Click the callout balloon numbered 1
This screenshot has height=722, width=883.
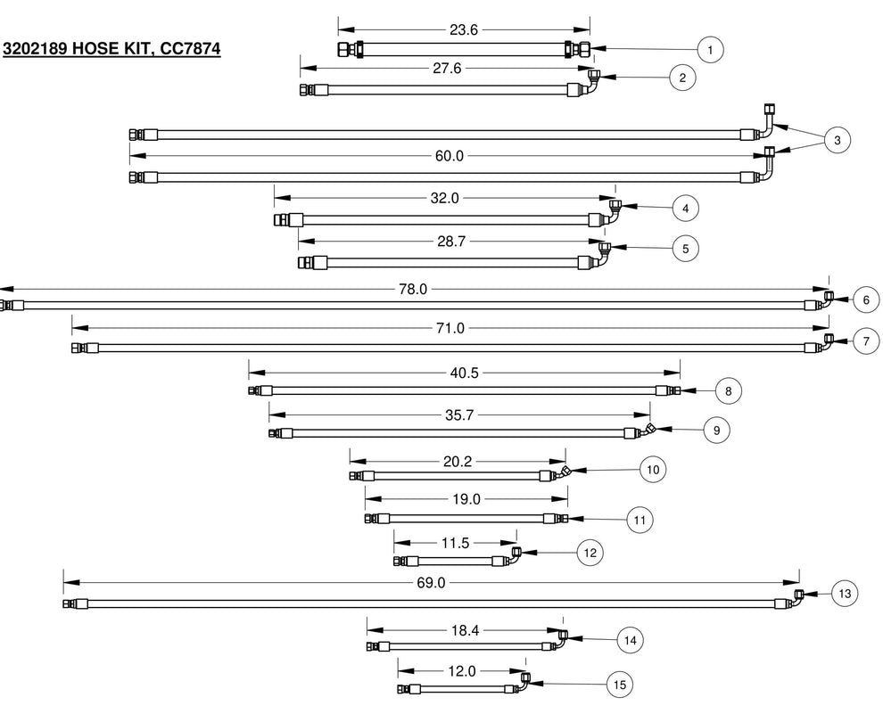pyautogui.click(x=710, y=50)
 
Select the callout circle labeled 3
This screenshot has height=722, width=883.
pyautogui.click(x=837, y=140)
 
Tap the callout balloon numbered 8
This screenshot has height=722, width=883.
pyautogui.click(x=728, y=391)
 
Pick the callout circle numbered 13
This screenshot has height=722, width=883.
pyautogui.click(x=845, y=594)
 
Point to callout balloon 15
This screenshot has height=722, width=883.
pyautogui.click(x=620, y=685)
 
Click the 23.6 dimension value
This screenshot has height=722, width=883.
pyautogui.click(x=464, y=29)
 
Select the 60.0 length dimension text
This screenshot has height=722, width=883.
pyautogui.click(x=450, y=155)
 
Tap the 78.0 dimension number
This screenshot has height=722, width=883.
pyautogui.click(x=413, y=290)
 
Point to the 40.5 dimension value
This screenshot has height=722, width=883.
pyautogui.click(x=464, y=373)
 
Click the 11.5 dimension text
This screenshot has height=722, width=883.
pyautogui.click(x=455, y=543)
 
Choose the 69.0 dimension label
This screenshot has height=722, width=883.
pyautogui.click(x=431, y=582)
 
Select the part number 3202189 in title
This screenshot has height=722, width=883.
pyautogui.click(x=35, y=49)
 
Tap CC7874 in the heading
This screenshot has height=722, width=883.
pyautogui.click(x=190, y=49)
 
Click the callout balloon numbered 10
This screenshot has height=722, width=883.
pyautogui.click(x=653, y=470)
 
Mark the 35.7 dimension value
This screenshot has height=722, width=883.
pyautogui.click(x=459, y=415)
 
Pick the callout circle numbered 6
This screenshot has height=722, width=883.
pyautogui.click(x=866, y=300)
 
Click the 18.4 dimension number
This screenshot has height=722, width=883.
pyautogui.click(x=466, y=630)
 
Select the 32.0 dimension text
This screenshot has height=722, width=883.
pyautogui.click(x=444, y=198)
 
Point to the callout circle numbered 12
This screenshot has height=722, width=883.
pyautogui.click(x=590, y=553)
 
